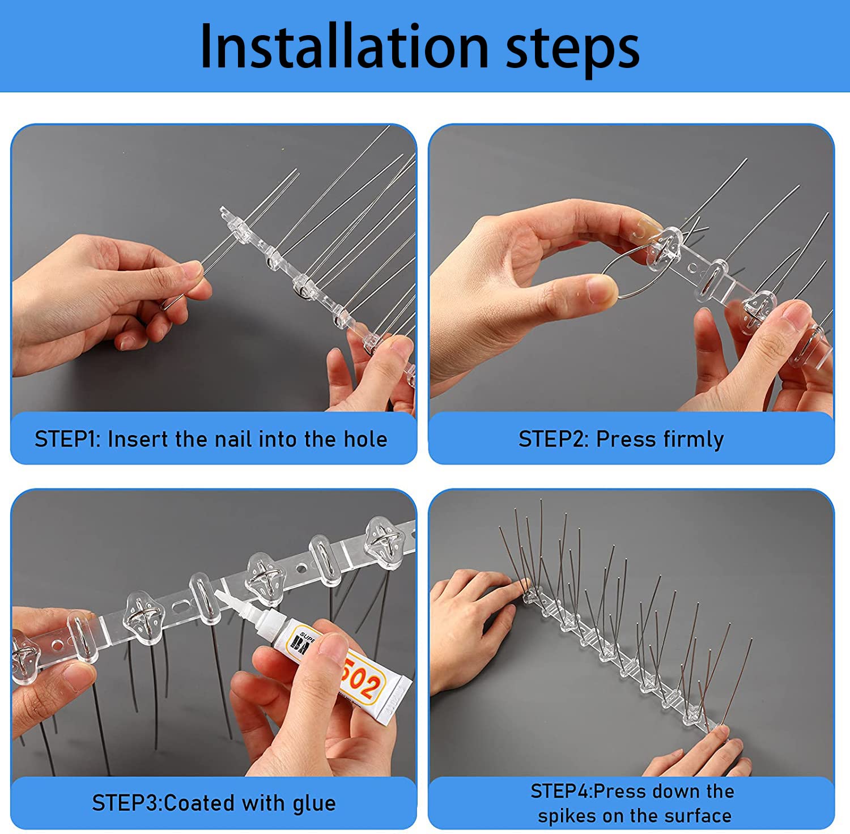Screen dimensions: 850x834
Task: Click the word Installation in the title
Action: pyautogui.click(x=345, y=46)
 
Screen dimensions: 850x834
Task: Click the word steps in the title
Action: pyautogui.click(x=573, y=50)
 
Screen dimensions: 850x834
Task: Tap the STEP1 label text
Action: pyautogui.click(x=66, y=439)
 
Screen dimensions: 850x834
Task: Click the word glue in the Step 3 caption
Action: pyautogui.click(x=314, y=804)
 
